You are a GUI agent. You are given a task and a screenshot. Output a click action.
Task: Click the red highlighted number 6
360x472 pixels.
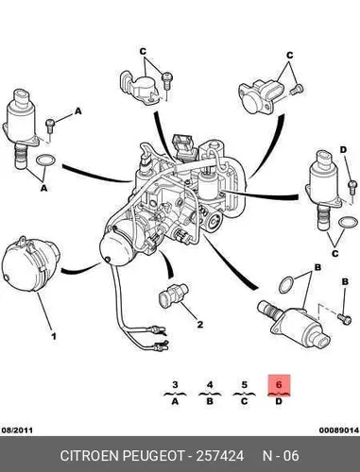[279, 384]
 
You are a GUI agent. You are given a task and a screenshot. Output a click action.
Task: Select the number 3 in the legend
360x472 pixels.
[176, 384]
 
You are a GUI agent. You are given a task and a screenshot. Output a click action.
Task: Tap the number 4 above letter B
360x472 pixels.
[210, 384]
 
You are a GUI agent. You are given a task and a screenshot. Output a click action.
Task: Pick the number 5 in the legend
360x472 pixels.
[245, 384]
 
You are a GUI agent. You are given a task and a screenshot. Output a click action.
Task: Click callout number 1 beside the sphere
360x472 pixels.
[54, 336]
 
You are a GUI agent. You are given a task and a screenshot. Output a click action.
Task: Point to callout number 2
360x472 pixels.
[200, 324]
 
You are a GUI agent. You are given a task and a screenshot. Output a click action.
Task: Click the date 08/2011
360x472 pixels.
[17, 430]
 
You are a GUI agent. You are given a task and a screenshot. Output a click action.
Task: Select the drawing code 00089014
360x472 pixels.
[339, 430]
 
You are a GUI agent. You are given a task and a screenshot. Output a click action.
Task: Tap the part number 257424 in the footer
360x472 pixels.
[220, 456]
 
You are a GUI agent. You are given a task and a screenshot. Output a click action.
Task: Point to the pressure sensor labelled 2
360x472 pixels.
[173, 295]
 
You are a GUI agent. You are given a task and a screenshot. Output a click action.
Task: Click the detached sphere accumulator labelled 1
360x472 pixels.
[30, 264]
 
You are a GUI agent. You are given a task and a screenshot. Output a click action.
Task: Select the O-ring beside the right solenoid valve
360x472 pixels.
[348, 222]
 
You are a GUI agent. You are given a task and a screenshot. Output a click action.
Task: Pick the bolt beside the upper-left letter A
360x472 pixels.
[50, 126]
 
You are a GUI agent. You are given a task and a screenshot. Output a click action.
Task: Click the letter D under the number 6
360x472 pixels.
[279, 401]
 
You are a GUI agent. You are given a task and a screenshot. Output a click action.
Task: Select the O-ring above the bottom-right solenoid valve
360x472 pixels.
[286, 285]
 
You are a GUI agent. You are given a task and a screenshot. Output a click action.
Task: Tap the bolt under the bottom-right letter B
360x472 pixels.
[344, 318]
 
